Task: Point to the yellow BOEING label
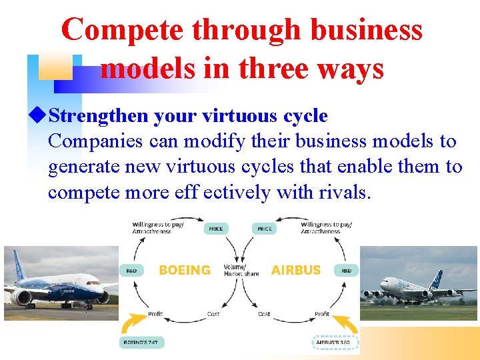click(185, 270)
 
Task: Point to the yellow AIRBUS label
click(296, 270)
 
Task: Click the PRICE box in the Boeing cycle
click(215, 229)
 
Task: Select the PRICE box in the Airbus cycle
click(265, 229)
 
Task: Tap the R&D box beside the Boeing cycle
click(130, 271)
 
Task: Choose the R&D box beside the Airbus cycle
click(347, 271)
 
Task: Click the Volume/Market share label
click(240, 270)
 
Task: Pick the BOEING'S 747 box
click(142, 343)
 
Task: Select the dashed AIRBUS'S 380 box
click(335, 343)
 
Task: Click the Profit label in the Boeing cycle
click(155, 314)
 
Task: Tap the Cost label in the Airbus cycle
click(264, 314)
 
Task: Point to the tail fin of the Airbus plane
click(437, 280)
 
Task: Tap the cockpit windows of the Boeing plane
click(94, 283)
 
